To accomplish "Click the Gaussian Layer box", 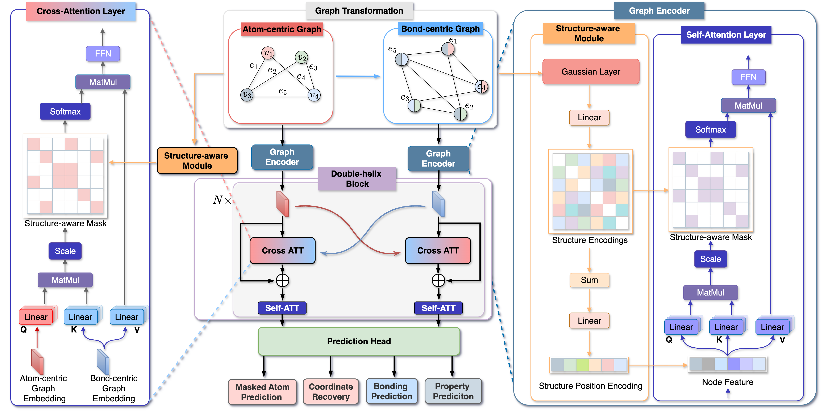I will tap(591, 72).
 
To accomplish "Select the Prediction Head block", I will tap(359, 341).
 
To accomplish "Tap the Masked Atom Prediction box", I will tap(262, 392).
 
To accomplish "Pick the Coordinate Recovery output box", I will tap(331, 391).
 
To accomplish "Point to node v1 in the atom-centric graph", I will tap(268, 53).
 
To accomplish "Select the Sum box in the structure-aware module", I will tap(589, 280).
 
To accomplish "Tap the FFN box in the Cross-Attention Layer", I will tap(103, 53).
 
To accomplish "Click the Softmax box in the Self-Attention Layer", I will tap(711, 130).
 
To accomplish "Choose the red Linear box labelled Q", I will tap(36, 317).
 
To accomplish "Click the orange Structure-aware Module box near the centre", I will tap(197, 160).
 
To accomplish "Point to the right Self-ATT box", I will tap(438, 308).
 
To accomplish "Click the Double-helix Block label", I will tap(357, 179).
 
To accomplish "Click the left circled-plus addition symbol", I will tap(282, 280).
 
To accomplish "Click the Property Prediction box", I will tap(453, 391).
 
